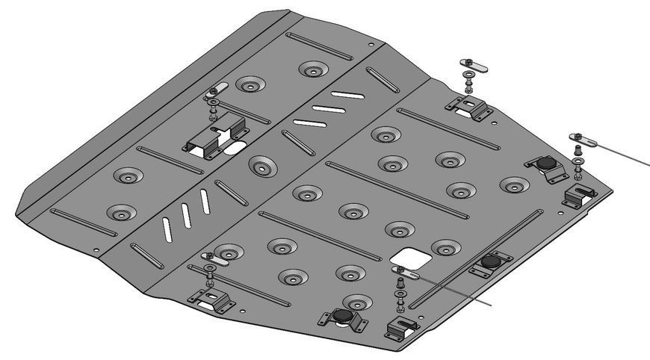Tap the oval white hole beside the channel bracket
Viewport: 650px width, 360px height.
233,149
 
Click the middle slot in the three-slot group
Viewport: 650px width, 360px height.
327,109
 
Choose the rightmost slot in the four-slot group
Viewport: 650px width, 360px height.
204,202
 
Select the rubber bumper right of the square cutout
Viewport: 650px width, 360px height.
490,261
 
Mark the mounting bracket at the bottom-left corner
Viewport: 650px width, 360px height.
210,300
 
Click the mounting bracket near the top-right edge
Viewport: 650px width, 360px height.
469,106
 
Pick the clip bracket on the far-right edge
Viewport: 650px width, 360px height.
581,196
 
